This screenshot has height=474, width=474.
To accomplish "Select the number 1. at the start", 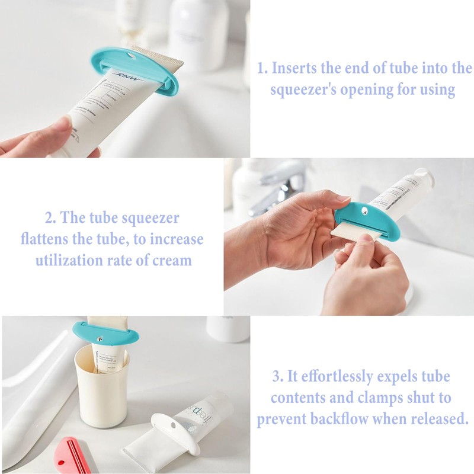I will [262, 68].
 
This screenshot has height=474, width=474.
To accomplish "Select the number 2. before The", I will [50, 218].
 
